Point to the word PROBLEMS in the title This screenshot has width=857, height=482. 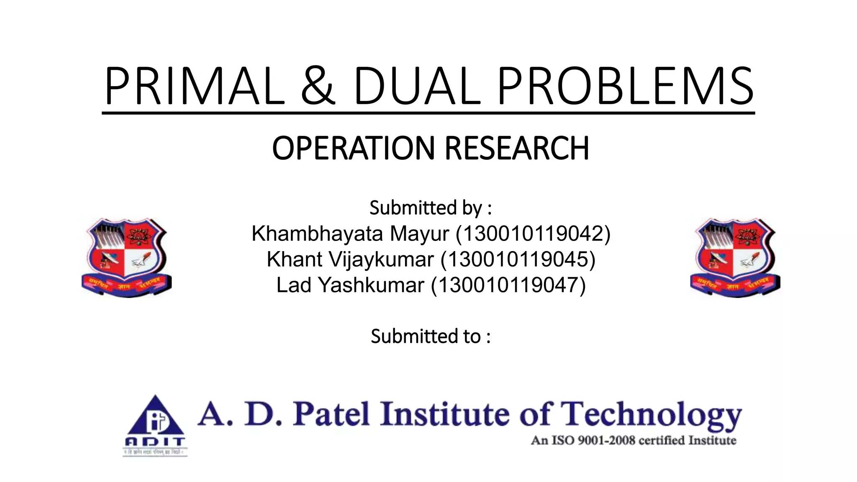click(x=625, y=86)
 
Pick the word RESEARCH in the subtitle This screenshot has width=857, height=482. click(x=517, y=148)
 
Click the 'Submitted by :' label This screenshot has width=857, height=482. click(x=430, y=208)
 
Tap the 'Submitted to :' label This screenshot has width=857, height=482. click(x=430, y=336)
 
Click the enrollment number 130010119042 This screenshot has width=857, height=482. click(x=533, y=233)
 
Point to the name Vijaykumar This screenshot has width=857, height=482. click(x=381, y=259)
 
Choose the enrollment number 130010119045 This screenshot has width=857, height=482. click(x=518, y=259)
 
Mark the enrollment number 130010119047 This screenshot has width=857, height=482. click(x=508, y=285)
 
